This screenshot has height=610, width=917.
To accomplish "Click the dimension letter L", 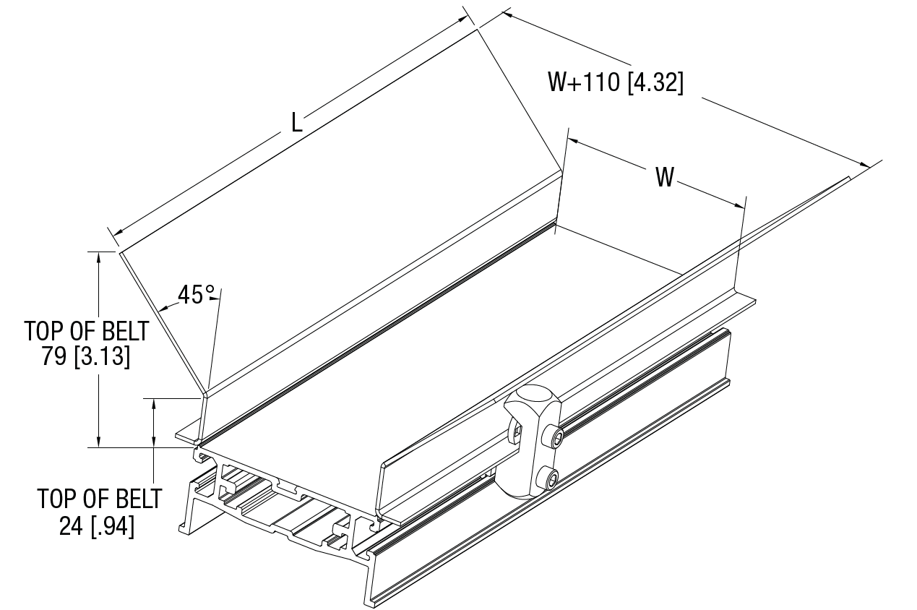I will click(297, 122).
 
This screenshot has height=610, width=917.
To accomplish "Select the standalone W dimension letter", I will click(664, 176).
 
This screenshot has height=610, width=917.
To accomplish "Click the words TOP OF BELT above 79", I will click(85, 332).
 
